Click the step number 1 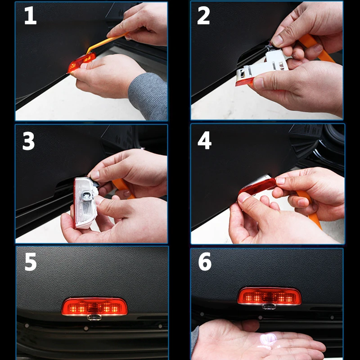pyautogui.click(x=30, y=15)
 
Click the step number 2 pyautogui.click(x=203, y=15)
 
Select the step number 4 pyautogui.click(x=204, y=140)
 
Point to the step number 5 pyautogui.click(x=31, y=262)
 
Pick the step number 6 pyautogui.click(x=205, y=261)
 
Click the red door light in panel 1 pyautogui.click(x=81, y=62)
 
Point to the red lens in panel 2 pyautogui.click(x=244, y=81)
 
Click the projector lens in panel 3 pyautogui.click(x=86, y=196)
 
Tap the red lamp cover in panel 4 pyautogui.click(x=257, y=186)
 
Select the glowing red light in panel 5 pyautogui.click(x=94, y=306)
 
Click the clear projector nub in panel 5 pyautogui.click(x=94, y=317)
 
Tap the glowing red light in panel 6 pyautogui.click(x=269, y=296)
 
